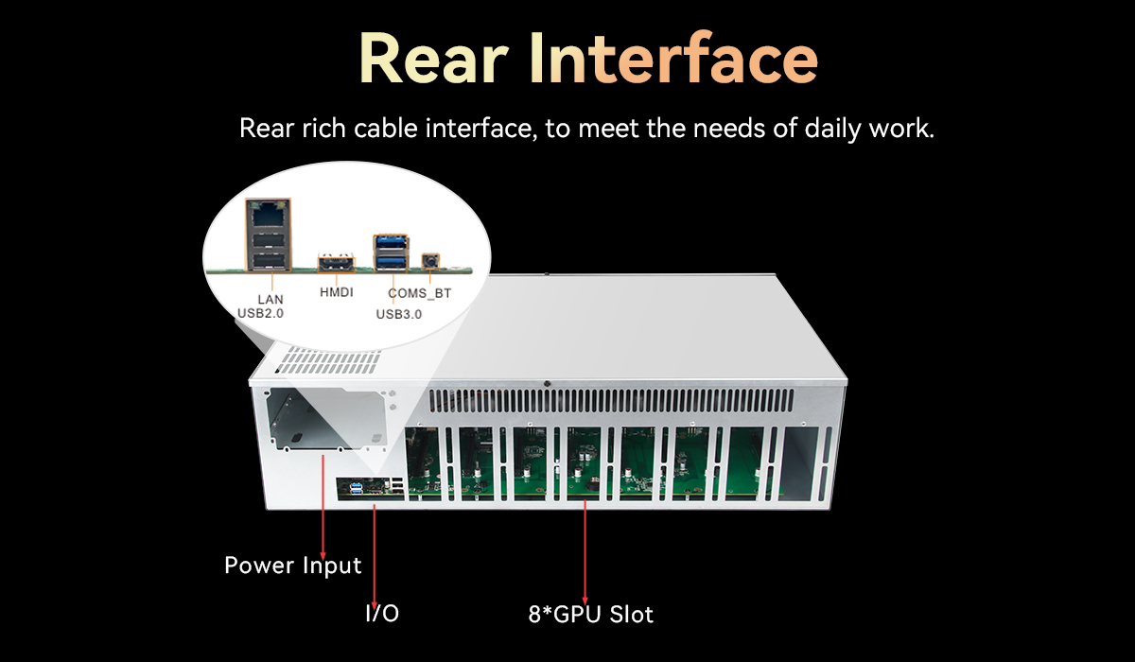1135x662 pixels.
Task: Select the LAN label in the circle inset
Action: (271, 299)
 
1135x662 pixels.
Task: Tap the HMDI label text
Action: (336, 293)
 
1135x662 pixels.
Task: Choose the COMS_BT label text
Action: (420, 294)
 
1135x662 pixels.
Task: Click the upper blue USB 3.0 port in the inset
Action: (392, 243)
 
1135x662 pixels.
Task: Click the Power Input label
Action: (293, 566)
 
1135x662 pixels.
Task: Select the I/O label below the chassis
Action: (382, 614)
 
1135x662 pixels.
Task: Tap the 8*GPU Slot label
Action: (590, 614)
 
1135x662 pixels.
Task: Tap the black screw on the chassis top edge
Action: (549, 383)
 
